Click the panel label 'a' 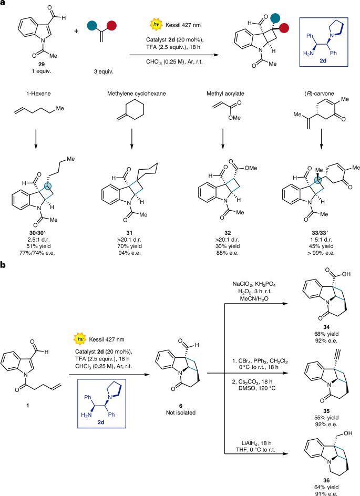point(4,5)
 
